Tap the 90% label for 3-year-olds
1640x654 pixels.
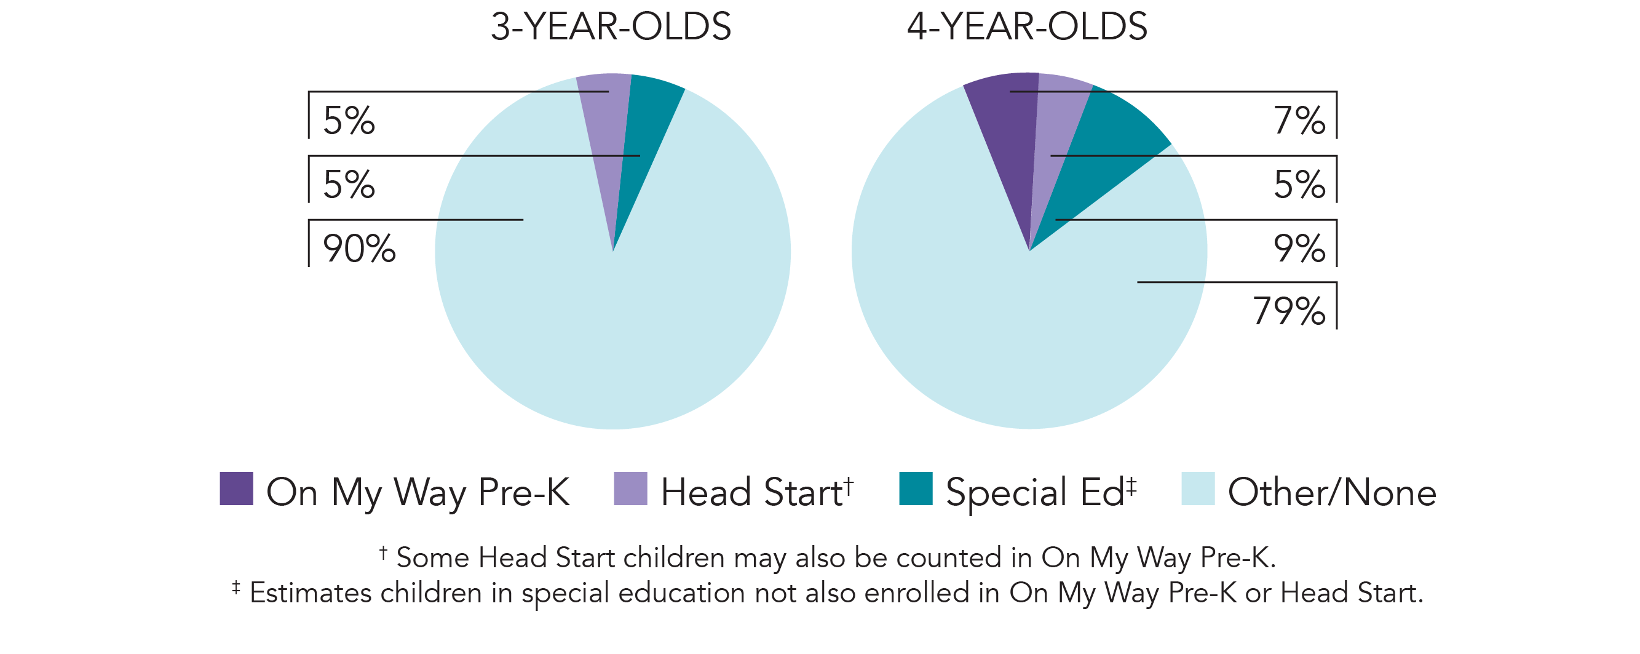[359, 249]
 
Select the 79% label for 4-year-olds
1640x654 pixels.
[1289, 311]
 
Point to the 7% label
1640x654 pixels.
[1299, 121]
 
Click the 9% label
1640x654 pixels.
[1299, 249]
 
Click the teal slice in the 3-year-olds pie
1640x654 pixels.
[643, 127]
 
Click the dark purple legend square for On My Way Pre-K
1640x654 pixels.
[236, 489]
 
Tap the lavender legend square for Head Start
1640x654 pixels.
[630, 489]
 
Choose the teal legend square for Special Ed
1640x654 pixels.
[916, 489]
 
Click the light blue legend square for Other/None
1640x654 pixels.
[1197, 489]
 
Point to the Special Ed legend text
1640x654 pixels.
[1034, 492]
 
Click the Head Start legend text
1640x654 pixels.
[751, 492]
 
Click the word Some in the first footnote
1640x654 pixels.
[433, 558]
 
